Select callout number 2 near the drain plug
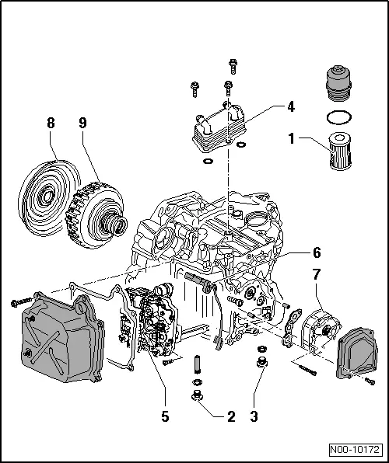230,417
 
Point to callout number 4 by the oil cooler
289,105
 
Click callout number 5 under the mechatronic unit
165,417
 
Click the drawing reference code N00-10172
357,449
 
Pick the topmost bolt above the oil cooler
231,64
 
